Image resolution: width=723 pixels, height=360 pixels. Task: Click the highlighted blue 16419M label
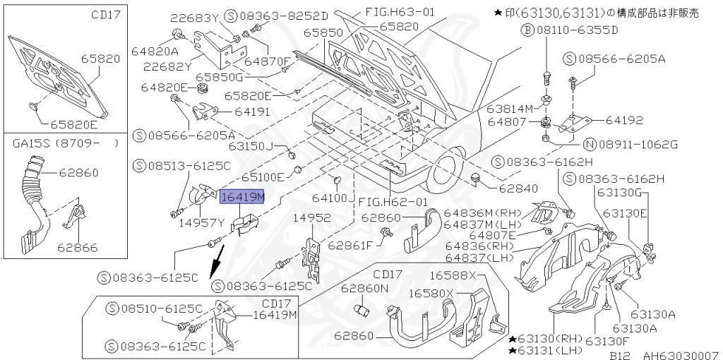241,196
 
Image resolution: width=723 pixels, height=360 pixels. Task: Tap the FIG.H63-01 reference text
400,12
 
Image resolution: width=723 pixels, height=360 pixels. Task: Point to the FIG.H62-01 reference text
393,202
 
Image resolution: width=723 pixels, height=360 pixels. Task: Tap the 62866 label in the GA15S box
78,248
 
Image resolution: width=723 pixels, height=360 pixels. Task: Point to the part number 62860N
364,289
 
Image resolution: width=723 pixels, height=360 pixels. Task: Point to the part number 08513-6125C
188,167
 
